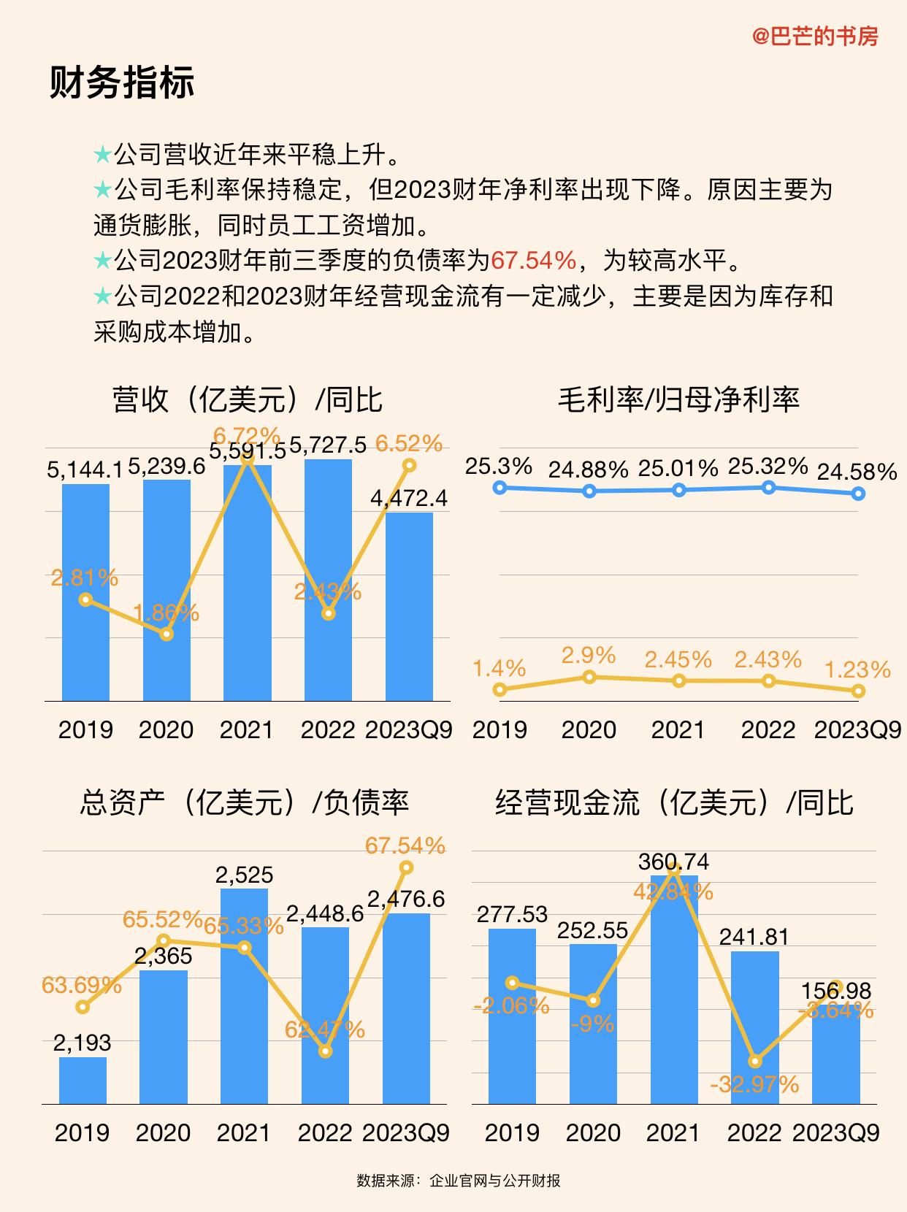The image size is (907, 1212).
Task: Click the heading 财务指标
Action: point(122,82)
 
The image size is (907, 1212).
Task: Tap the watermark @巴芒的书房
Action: point(815,36)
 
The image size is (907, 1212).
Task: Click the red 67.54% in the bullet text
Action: point(533,260)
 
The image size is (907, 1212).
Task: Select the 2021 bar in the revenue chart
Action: point(247,584)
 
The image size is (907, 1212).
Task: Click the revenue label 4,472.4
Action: point(409,499)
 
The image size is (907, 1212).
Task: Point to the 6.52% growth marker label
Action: point(409,443)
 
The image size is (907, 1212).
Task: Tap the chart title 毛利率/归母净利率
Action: point(678,399)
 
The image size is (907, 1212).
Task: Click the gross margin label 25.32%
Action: point(768,466)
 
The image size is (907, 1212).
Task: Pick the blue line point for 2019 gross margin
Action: point(500,487)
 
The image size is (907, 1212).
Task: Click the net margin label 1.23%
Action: point(857,670)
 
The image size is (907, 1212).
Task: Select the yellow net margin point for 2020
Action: point(589,678)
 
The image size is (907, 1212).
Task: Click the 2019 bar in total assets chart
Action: point(83,1080)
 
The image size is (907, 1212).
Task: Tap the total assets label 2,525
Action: point(244,875)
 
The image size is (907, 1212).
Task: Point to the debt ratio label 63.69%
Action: point(81,985)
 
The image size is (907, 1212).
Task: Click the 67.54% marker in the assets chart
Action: point(406,867)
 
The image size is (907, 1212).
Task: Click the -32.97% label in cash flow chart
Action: point(754,1084)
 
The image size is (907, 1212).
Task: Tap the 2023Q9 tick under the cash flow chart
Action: point(835,1132)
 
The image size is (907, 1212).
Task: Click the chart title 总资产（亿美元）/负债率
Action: point(244,802)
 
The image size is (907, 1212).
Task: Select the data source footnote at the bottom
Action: point(458,1181)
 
